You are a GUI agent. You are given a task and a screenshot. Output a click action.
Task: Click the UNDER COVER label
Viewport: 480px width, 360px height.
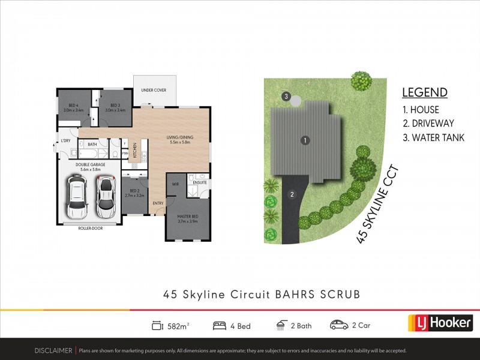(154, 90)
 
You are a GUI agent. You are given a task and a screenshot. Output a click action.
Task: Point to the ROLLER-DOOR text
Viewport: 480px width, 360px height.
(89, 229)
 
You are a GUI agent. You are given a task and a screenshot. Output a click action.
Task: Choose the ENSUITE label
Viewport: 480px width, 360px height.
(200, 182)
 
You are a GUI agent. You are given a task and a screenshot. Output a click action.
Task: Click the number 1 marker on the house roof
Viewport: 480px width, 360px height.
(305, 140)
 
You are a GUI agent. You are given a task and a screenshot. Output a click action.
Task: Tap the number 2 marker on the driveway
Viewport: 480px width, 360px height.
(292, 194)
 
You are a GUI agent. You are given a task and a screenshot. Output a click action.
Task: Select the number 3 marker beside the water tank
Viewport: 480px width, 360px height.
(287, 97)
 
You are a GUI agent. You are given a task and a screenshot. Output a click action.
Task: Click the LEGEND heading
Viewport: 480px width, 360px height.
(424, 92)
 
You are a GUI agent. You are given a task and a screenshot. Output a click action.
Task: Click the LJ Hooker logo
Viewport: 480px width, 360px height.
(440, 322)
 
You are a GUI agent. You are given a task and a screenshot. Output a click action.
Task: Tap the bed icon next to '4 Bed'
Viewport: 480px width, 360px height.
(219, 326)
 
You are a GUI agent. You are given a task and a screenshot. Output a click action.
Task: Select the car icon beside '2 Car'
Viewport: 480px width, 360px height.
(339, 326)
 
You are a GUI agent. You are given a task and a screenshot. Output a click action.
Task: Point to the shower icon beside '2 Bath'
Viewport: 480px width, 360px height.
(281, 326)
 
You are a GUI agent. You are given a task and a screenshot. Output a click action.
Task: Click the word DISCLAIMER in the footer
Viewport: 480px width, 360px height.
(53, 350)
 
